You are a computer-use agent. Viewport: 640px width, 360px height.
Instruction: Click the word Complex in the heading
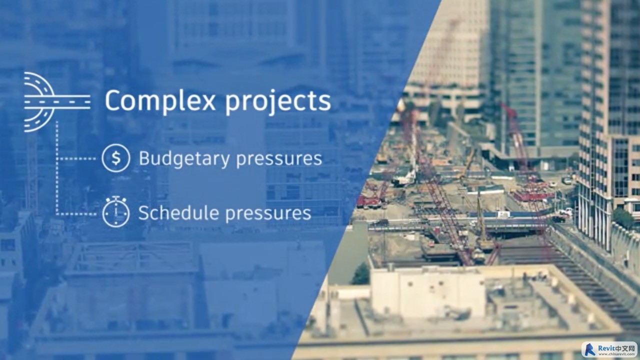160,100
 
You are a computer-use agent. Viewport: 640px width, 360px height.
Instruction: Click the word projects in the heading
278,102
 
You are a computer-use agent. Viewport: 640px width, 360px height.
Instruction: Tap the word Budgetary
184,159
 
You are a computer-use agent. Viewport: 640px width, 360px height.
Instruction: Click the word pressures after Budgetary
279,160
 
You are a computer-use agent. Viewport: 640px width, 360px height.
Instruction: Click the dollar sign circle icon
115,158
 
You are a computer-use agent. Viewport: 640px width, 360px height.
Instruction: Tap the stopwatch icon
115,211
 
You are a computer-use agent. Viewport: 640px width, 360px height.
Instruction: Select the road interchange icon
57,102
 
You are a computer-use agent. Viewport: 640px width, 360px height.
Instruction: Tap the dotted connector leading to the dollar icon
76,158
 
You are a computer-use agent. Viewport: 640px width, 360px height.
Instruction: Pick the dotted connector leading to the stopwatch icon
76,213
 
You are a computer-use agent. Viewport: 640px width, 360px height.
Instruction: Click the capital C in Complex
113,100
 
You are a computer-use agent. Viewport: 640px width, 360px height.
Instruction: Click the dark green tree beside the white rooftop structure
360,274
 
